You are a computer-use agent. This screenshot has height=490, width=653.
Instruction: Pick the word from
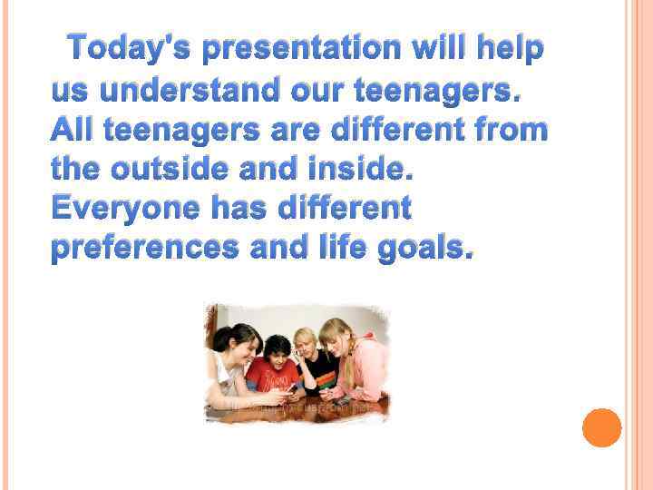click(514, 131)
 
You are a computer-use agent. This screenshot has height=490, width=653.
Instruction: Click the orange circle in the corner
click(601, 427)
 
